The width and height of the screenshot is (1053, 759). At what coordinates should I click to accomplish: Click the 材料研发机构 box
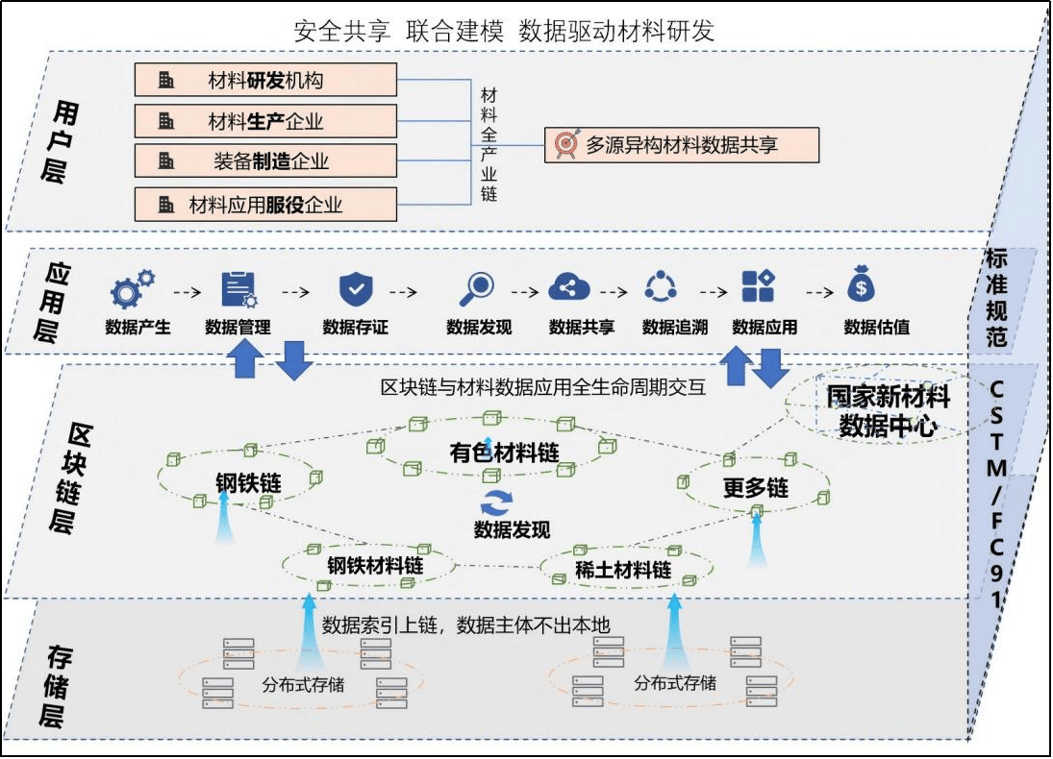click(265, 80)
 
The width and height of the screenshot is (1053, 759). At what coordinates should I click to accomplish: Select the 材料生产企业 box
click(265, 121)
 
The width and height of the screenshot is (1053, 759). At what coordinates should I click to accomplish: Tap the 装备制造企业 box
click(265, 161)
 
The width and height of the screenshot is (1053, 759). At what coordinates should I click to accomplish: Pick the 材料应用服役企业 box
click(265, 205)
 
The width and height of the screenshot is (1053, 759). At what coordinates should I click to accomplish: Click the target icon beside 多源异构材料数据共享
click(565, 145)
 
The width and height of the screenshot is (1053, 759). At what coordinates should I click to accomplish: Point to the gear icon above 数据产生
click(132, 288)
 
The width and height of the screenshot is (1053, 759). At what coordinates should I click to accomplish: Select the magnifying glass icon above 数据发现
click(477, 287)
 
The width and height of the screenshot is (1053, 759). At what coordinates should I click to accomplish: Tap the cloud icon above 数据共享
click(568, 287)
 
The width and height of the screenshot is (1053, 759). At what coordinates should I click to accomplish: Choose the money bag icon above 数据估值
click(860, 286)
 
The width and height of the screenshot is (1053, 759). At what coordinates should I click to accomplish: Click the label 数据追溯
click(675, 328)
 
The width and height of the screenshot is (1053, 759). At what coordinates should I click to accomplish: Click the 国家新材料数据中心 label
click(888, 411)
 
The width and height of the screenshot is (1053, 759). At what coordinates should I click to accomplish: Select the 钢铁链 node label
click(248, 482)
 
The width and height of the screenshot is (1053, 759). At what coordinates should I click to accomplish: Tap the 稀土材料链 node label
click(622, 570)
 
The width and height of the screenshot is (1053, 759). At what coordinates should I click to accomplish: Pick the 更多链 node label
click(756, 488)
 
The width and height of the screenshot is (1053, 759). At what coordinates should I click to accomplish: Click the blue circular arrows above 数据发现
click(498, 502)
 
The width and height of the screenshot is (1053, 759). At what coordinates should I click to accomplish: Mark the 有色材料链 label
click(504, 452)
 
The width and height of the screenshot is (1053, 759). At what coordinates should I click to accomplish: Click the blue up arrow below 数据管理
click(244, 362)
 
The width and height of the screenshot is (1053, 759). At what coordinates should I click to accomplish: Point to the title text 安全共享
click(342, 31)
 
